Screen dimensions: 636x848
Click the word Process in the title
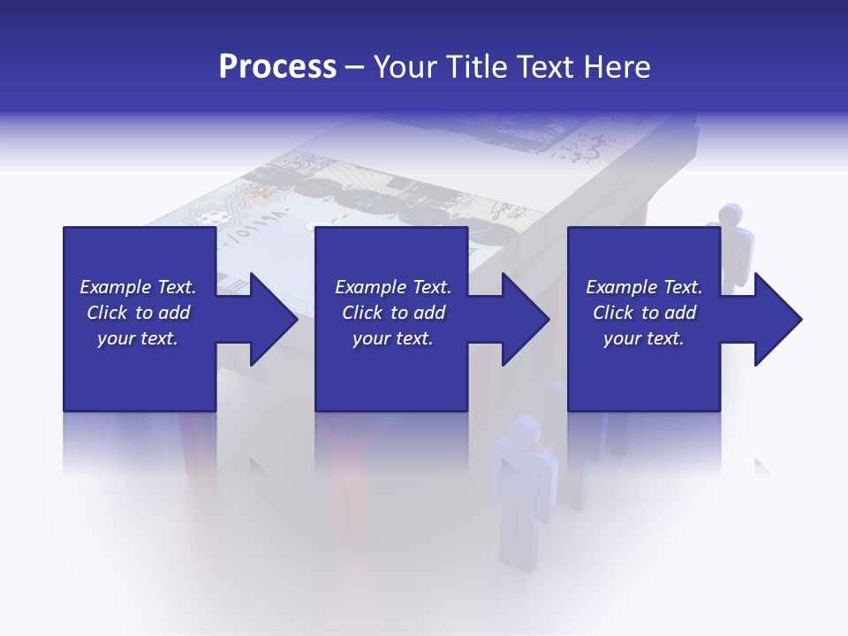click(277, 67)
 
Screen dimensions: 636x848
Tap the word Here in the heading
click(615, 67)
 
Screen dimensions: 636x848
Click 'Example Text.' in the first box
click(138, 287)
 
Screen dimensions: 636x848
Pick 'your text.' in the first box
click(138, 338)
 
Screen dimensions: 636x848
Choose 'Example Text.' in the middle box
click(393, 287)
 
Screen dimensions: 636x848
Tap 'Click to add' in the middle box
click(393, 313)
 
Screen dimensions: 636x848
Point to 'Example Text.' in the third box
click(644, 287)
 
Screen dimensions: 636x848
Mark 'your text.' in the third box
click(644, 338)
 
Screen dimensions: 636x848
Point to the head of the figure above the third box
click(731, 216)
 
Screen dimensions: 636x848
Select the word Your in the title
click(405, 67)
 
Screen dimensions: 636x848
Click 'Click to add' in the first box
click(138, 313)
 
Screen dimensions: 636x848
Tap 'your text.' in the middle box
click(393, 338)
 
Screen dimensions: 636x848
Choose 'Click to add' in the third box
click(644, 313)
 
